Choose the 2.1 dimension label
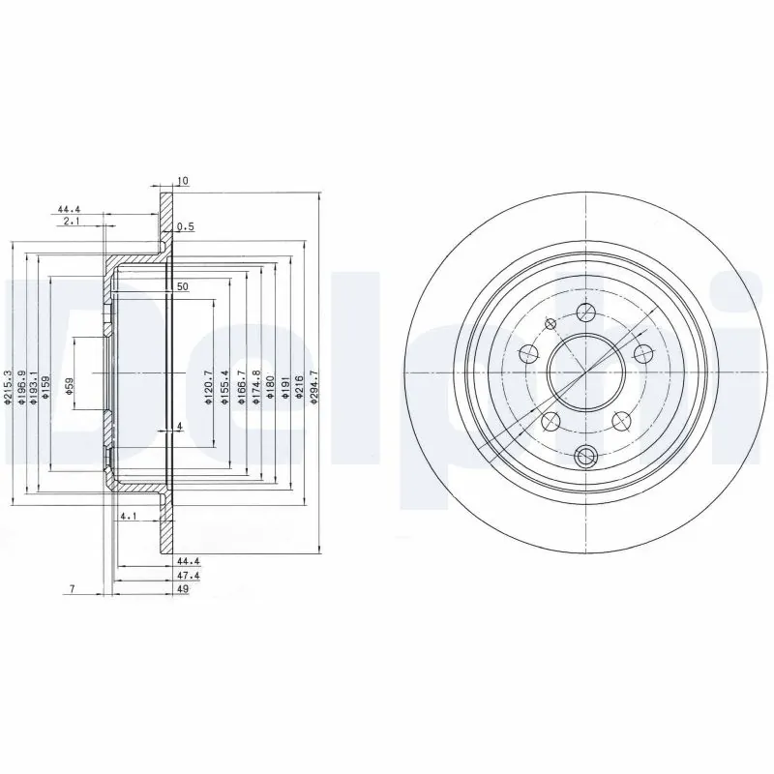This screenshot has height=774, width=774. pos(71,222)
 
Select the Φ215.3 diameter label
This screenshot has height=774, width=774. pos(9,387)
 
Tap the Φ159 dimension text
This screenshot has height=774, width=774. pos(45,388)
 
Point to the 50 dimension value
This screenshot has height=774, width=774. pos(182,287)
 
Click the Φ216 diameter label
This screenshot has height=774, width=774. pos(300,387)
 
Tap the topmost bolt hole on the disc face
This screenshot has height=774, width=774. pos(585,312)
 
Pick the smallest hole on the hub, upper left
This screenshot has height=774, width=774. pos(551,323)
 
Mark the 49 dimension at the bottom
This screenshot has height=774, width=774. pos(183,587)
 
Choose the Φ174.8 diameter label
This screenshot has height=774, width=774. pos(255,387)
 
